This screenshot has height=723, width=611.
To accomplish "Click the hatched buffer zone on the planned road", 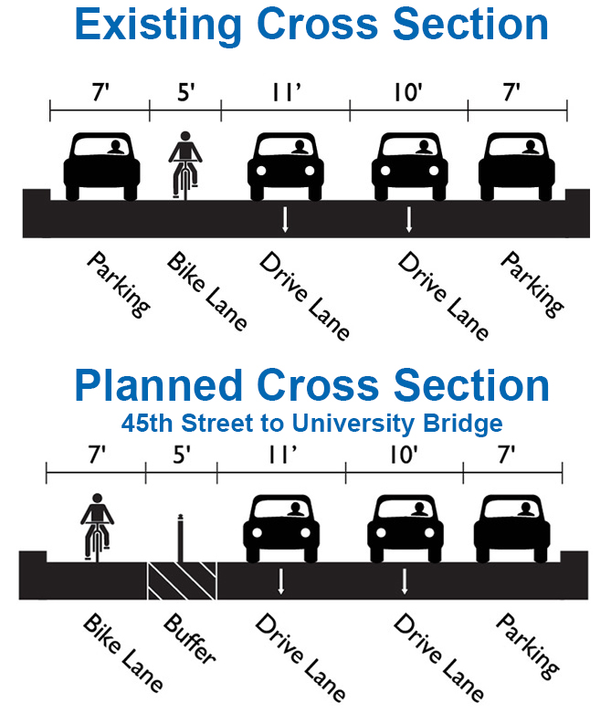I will pyautogui.click(x=182, y=581).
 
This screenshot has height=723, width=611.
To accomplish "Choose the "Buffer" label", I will pyautogui.click(x=189, y=639).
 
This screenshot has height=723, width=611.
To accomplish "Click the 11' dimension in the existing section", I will pyautogui.click(x=284, y=93).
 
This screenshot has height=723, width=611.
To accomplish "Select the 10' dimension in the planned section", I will pyautogui.click(x=403, y=456).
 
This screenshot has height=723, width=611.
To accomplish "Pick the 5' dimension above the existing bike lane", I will pyautogui.click(x=185, y=93).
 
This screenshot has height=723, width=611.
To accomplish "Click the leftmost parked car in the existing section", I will pyautogui.click(x=100, y=166).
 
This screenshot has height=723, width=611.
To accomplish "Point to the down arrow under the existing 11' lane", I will pyautogui.click(x=285, y=219).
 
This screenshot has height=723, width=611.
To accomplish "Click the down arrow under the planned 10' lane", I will pyautogui.click(x=405, y=581).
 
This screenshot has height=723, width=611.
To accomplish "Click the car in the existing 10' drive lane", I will pyautogui.click(x=408, y=166).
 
